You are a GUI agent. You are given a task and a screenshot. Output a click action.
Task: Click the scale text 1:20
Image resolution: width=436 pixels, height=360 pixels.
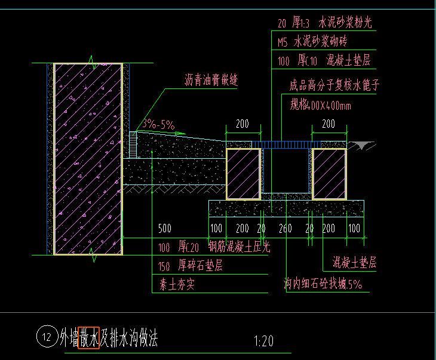click(263, 341)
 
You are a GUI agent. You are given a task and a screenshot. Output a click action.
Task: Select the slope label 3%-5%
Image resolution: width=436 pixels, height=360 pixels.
click(158, 125)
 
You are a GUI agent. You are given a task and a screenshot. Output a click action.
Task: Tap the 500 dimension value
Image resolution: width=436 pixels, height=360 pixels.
click(165, 229)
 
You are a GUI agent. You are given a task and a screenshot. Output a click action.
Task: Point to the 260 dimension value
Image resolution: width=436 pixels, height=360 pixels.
click(285, 229)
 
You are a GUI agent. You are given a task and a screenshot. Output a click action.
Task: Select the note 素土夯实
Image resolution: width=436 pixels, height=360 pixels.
click(177, 285)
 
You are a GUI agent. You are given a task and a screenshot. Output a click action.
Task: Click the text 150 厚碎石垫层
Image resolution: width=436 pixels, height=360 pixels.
click(191, 266)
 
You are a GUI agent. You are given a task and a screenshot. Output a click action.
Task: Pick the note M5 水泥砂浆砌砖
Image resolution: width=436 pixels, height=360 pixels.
click(312, 42)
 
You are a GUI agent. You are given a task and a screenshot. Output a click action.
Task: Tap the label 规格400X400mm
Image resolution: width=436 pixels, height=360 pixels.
click(320, 106)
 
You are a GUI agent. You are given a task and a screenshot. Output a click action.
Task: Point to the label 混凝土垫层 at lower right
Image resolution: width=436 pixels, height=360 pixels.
click(354, 262)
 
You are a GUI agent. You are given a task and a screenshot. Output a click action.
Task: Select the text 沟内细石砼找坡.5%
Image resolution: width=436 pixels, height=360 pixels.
click(323, 285)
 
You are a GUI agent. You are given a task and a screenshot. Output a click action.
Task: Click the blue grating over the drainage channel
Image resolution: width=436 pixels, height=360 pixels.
click(285, 144)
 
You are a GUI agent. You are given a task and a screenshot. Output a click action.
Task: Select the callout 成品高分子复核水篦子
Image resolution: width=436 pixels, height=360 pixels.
click(334, 85)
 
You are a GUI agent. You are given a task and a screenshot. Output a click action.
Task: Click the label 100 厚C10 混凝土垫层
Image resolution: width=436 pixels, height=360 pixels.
click(324, 60)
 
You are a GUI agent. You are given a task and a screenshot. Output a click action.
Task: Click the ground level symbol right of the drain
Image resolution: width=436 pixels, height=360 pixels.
click(362, 145)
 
